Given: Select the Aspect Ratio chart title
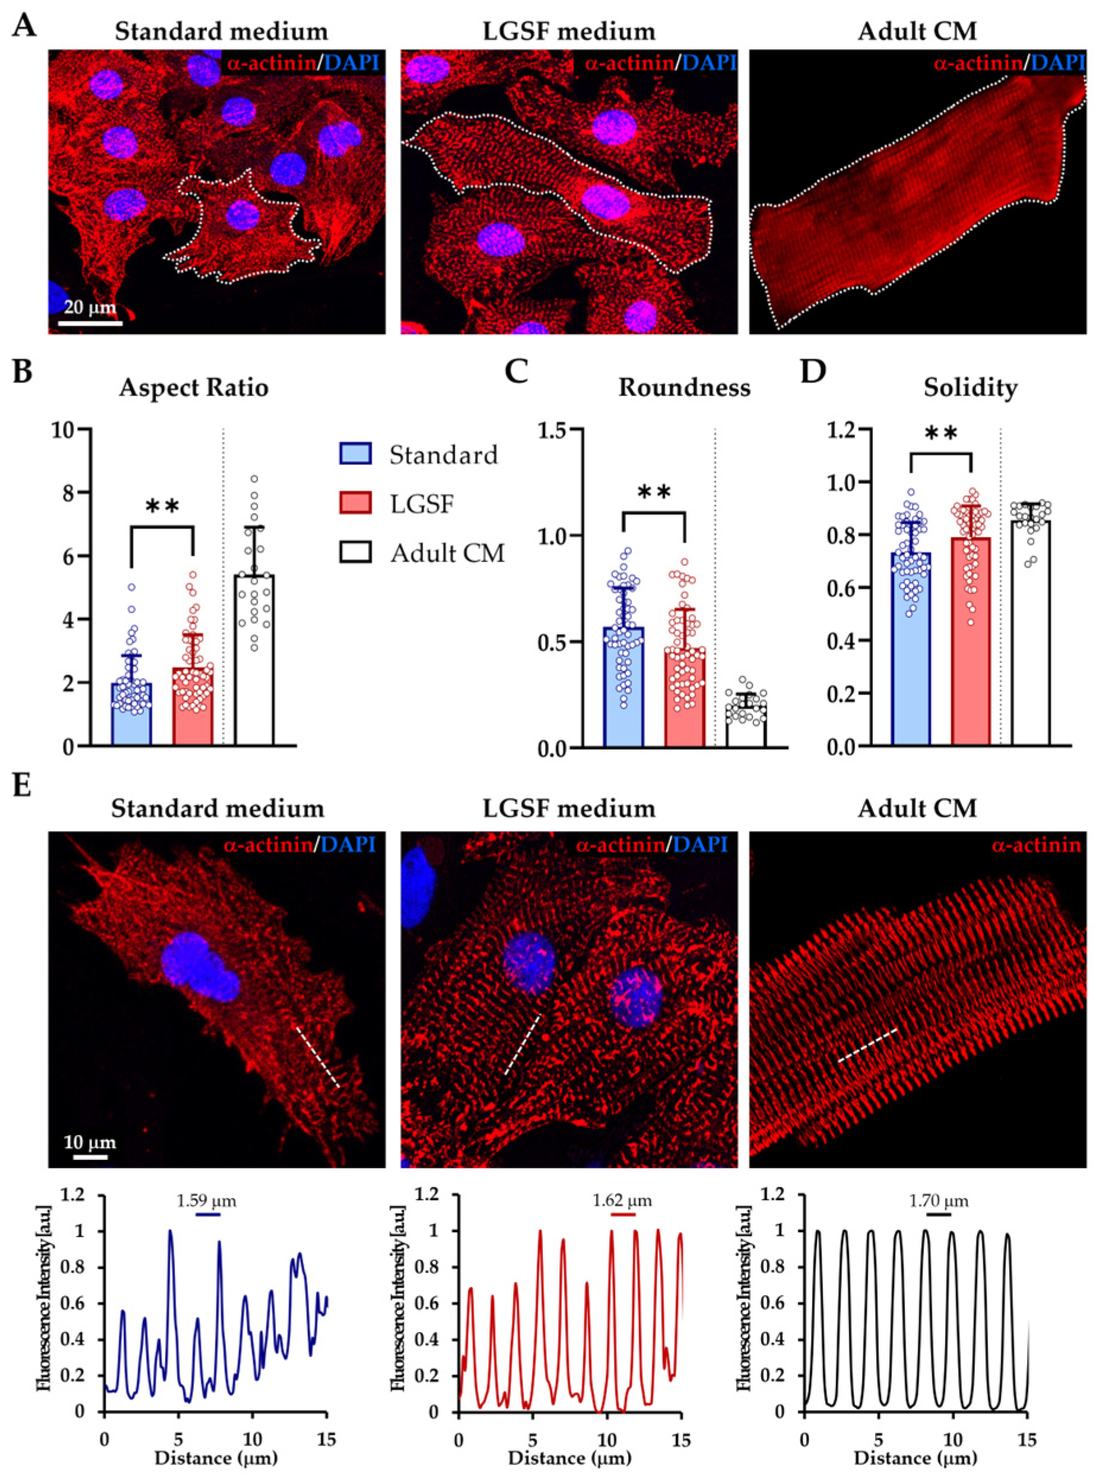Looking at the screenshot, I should [194, 387].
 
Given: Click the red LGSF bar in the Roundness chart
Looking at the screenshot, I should [685, 696].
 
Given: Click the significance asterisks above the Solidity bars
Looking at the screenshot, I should [941, 435].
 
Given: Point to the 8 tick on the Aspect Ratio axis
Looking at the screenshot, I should [66, 492].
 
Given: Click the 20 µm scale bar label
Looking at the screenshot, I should [90, 307].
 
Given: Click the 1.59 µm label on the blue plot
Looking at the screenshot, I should [206, 1201].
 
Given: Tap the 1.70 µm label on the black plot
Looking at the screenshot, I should [939, 1201].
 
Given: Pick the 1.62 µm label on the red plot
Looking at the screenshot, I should [622, 1201].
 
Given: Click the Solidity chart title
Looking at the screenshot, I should [970, 387].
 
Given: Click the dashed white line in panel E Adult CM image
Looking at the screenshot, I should [867, 1045].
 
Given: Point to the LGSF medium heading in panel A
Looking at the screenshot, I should [570, 31].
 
